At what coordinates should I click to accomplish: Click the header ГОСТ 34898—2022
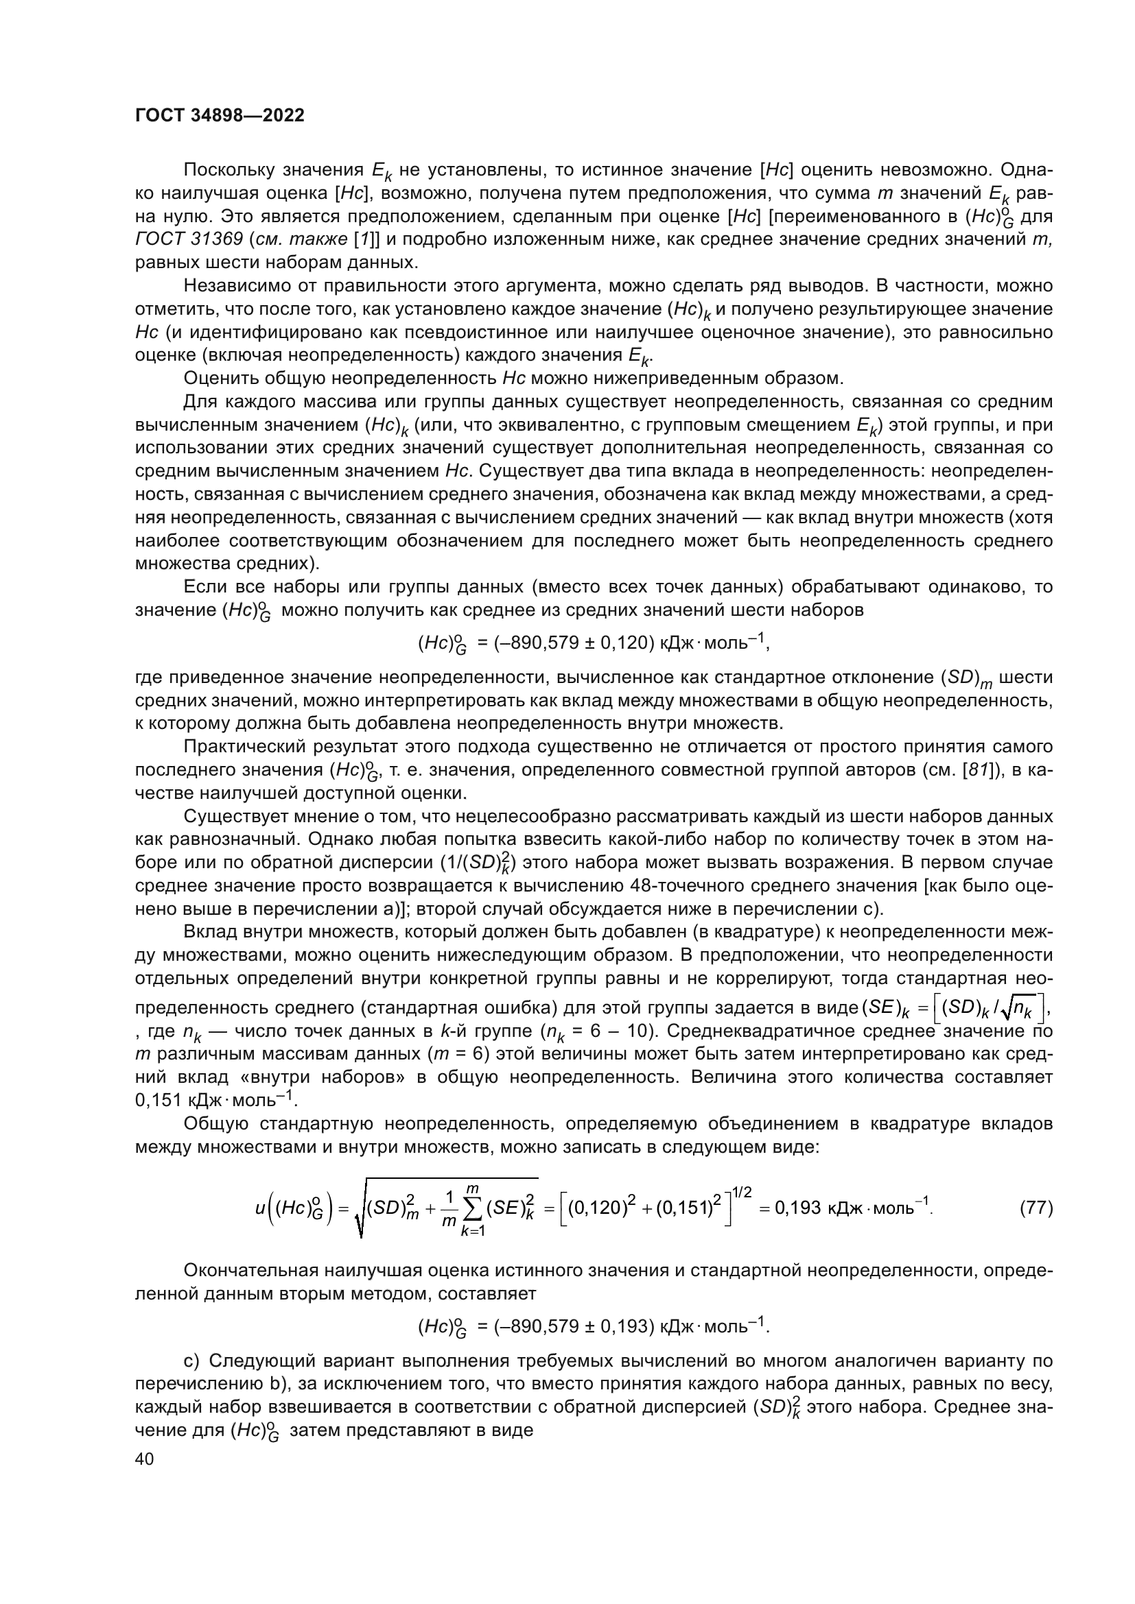220,116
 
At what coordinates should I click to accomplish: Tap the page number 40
144,1459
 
